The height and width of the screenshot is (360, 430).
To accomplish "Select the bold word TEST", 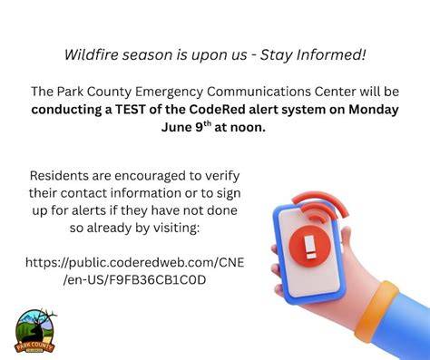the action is (x=131, y=110).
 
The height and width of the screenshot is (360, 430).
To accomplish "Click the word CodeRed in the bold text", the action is (x=217, y=110).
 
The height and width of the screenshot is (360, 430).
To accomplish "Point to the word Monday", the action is (x=374, y=110).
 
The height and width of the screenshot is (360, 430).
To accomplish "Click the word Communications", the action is (x=259, y=92).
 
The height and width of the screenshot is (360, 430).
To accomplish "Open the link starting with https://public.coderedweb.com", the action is (x=135, y=271).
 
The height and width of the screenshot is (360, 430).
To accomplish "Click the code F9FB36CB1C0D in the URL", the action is (x=157, y=280).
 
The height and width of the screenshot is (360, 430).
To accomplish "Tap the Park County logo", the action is (x=35, y=331).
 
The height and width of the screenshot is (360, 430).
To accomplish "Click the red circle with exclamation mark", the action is (x=309, y=246).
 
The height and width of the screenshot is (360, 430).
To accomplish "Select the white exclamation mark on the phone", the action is (x=310, y=247).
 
